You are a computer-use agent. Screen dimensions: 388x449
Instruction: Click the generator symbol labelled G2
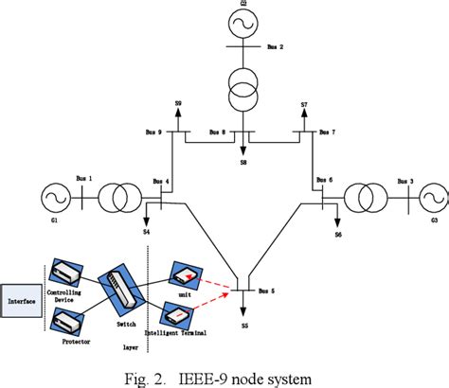click(243, 18)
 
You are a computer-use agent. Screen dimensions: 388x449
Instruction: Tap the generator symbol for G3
click(435, 200)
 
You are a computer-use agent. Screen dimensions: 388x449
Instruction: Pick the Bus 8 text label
click(217, 132)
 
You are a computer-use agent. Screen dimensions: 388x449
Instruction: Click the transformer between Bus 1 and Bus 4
click(118, 198)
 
